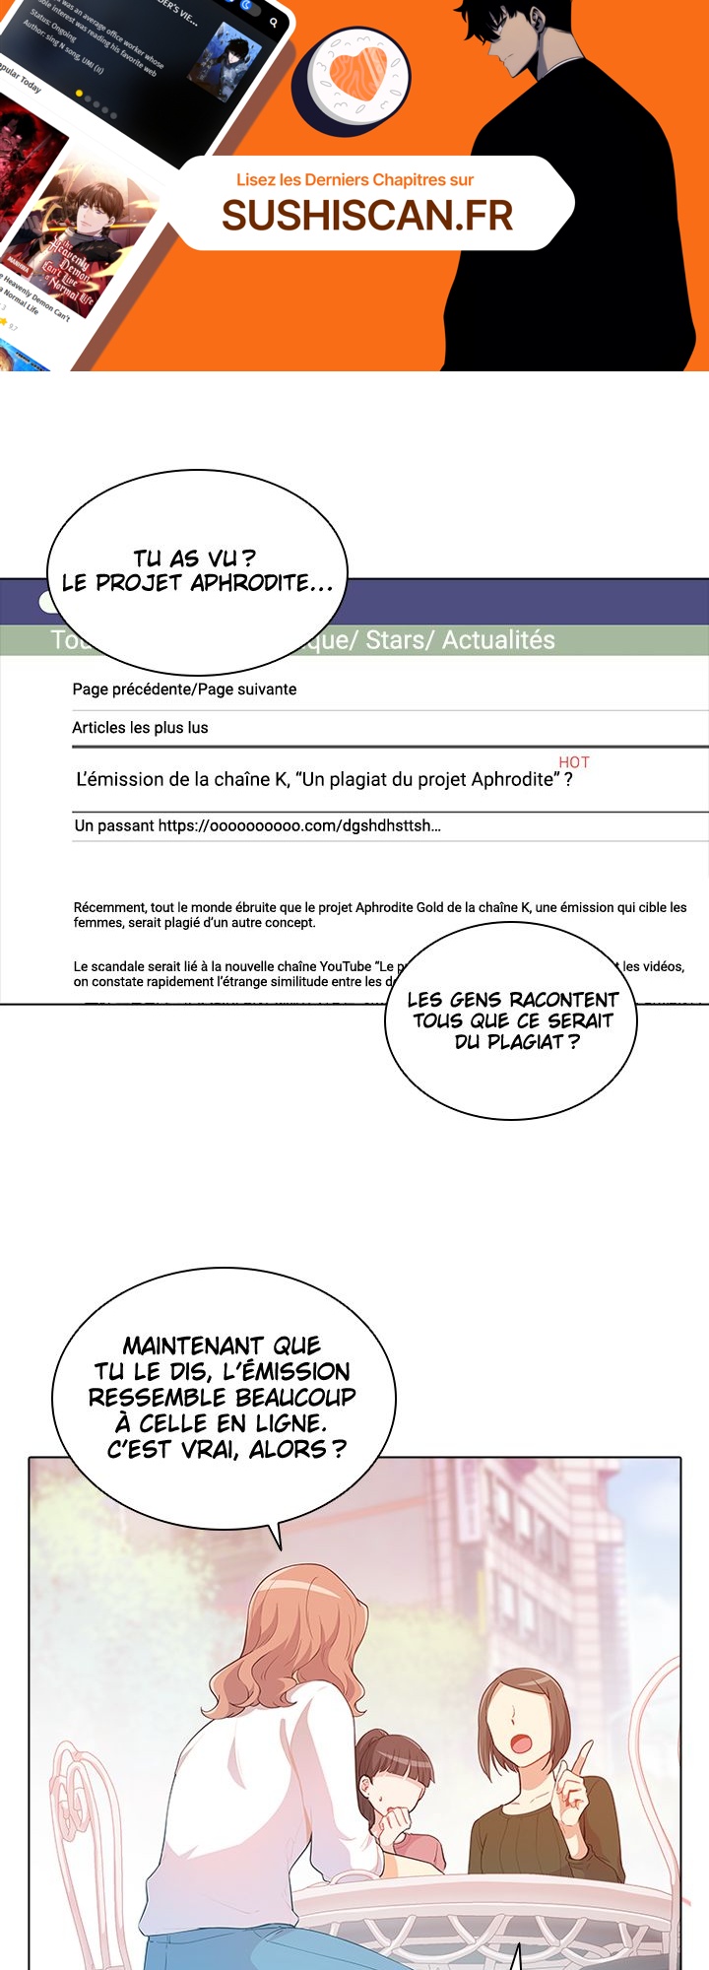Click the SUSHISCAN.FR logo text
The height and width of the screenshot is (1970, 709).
[x=367, y=215]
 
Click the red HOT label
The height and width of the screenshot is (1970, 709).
[x=574, y=762]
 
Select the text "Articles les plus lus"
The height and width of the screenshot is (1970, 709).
[x=140, y=728]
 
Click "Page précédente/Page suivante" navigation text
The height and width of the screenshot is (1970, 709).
[x=184, y=689]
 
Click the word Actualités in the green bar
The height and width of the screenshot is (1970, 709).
[x=498, y=640]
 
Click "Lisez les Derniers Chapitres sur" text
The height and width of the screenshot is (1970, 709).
[x=354, y=180]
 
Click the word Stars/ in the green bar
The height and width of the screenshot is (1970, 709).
[x=400, y=640]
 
